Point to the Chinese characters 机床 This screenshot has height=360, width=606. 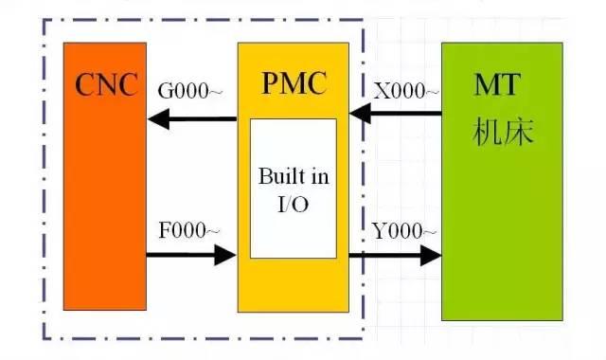point(503,132)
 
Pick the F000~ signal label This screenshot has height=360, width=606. point(189,230)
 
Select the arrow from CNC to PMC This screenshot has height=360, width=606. point(190,255)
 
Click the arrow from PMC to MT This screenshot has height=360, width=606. point(395,255)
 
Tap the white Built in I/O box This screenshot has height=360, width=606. point(293,189)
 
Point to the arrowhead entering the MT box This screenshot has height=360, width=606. point(431,255)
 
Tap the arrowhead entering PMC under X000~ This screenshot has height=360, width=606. point(359,115)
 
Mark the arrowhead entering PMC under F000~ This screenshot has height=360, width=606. point(225,255)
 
